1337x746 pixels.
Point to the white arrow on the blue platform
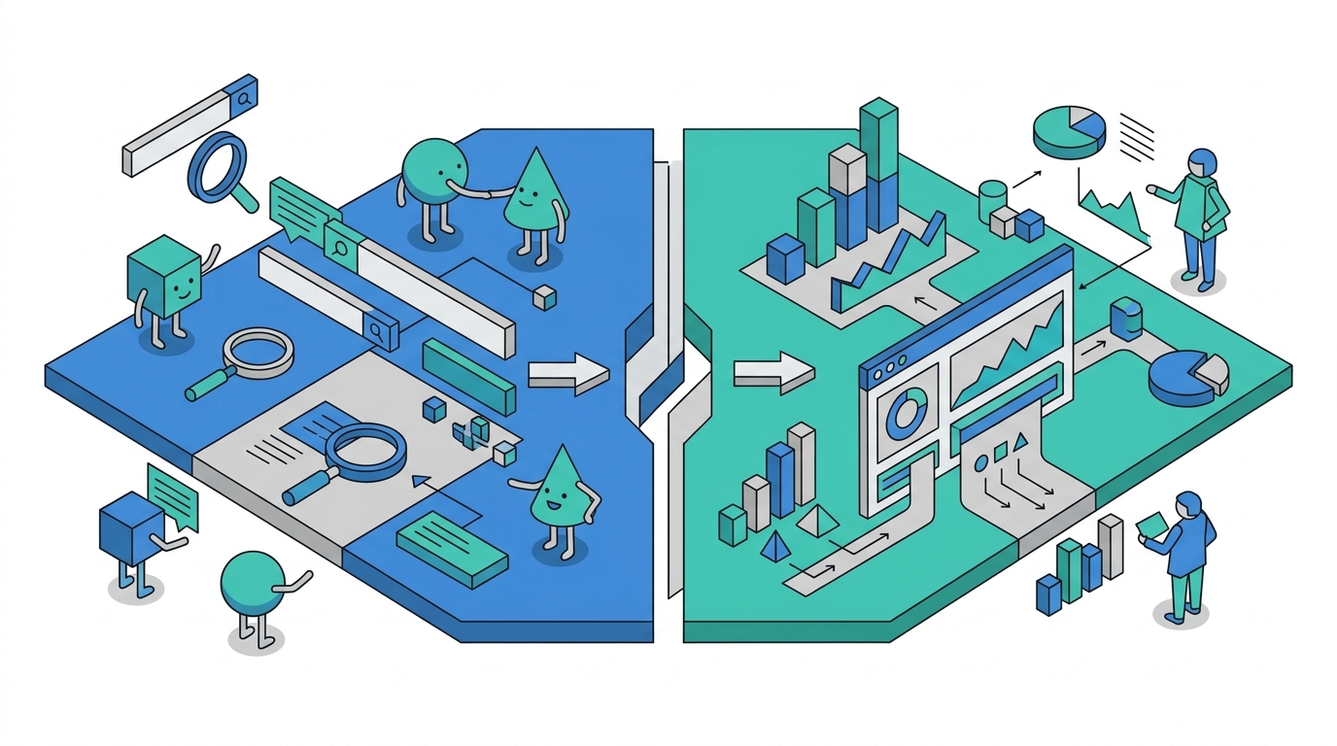point(567,373)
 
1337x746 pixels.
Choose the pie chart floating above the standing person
point(1069,131)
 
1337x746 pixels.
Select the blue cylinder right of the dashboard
point(1124,319)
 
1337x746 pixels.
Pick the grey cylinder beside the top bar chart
point(993,199)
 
